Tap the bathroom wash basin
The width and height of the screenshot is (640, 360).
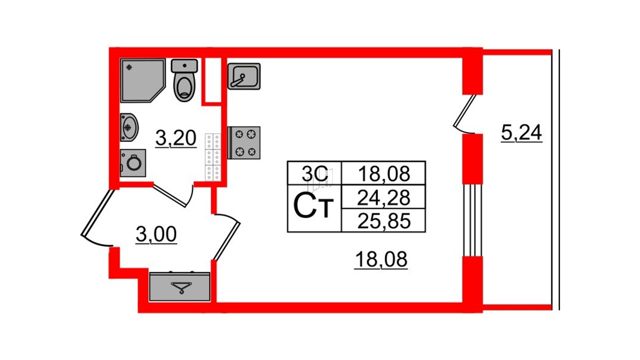click(x=129, y=127)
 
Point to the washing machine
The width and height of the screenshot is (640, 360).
click(x=133, y=163)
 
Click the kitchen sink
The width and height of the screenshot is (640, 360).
click(x=244, y=76)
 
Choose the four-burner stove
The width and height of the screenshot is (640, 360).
click(x=244, y=143)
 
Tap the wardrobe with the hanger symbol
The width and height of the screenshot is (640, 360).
click(x=180, y=287)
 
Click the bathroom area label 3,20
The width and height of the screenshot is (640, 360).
click(x=176, y=138)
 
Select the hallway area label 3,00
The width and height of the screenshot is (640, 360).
click(x=156, y=234)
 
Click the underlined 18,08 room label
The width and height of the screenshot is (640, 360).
click(x=381, y=259)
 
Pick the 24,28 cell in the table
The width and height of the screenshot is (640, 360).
click(x=383, y=197)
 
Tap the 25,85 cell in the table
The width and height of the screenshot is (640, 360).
click(x=383, y=221)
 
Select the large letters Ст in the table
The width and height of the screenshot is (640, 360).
click(x=313, y=207)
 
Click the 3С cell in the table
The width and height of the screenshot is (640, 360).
click(x=315, y=173)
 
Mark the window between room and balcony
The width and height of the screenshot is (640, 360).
click(x=472, y=220)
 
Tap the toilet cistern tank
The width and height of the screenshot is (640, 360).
click(x=184, y=66)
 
